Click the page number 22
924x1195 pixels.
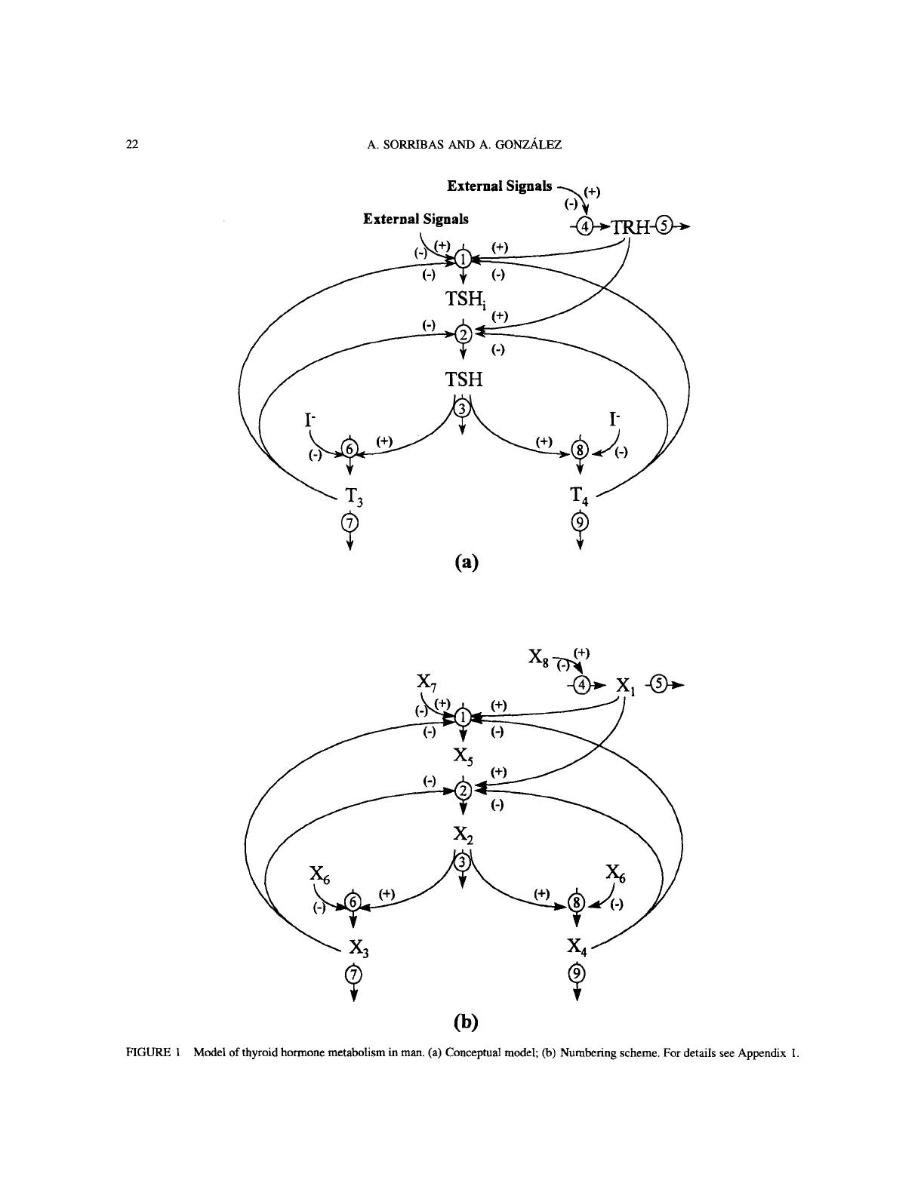(x=131, y=146)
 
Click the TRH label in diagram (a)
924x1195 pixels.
(x=630, y=226)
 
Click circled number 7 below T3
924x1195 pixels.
(x=350, y=522)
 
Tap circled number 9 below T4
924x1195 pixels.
(x=579, y=522)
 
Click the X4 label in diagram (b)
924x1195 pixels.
(x=578, y=947)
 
